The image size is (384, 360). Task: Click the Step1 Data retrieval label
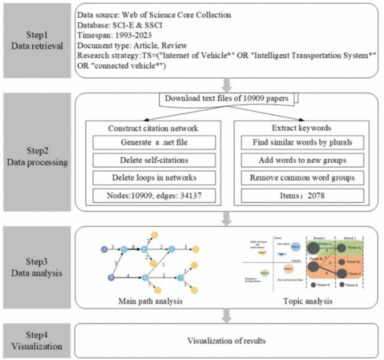(37, 40)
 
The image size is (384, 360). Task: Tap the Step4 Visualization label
(37, 340)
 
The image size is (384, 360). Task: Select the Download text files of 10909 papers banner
(229, 98)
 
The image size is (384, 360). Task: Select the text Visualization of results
(227, 340)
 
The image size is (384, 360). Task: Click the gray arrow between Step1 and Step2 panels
(227, 84)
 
